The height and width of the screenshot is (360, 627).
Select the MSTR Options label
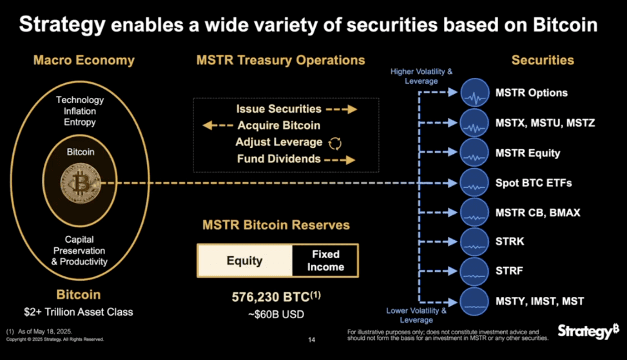coord(532,93)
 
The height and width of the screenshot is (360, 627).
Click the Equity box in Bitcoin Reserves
coord(244,261)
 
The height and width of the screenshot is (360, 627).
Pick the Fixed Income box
coord(325,261)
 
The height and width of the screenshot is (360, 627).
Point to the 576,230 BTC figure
coord(271,298)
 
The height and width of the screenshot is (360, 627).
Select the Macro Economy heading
coord(84,61)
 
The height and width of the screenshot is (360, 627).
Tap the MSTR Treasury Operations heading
coord(280,61)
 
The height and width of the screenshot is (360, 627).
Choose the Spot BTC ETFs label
coord(534,183)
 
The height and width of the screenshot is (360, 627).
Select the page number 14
coord(313,339)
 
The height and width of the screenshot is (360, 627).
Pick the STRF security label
coord(509,270)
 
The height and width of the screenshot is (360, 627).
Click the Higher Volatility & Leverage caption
coord(422,77)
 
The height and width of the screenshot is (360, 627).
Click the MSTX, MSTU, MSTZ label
coord(545,123)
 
